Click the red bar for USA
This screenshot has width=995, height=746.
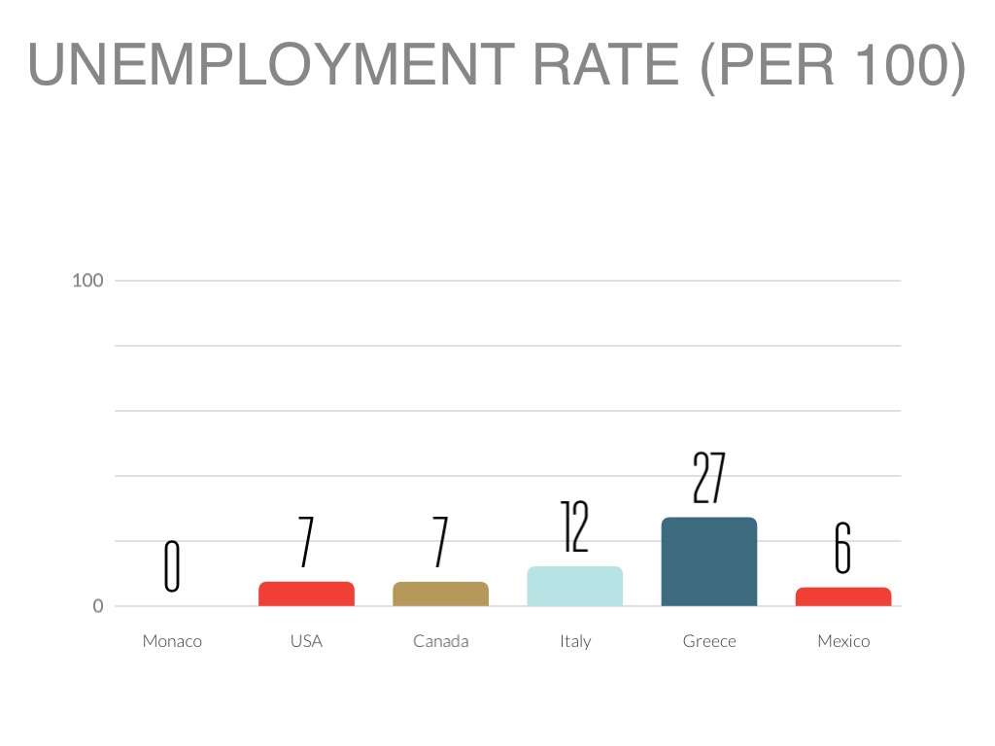(x=306, y=593)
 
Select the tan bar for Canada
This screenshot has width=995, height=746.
(x=440, y=593)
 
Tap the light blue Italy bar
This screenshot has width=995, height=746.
(x=574, y=586)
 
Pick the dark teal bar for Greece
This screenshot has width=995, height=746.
(x=708, y=561)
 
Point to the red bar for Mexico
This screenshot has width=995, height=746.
(x=842, y=596)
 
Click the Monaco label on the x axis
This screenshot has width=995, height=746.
(x=172, y=641)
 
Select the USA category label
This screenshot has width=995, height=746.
(x=306, y=641)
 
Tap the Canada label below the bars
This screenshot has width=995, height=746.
(x=440, y=641)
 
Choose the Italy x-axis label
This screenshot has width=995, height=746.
(x=575, y=641)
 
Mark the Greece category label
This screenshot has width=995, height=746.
(x=709, y=641)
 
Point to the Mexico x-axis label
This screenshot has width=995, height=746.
(x=843, y=641)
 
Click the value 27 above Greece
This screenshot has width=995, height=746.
(x=708, y=478)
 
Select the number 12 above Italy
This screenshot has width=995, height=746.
(x=574, y=526)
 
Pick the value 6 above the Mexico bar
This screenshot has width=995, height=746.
(x=842, y=549)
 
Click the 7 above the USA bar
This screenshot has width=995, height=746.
(x=306, y=542)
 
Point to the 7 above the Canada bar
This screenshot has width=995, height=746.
(x=440, y=542)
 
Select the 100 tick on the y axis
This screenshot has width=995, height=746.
(x=87, y=281)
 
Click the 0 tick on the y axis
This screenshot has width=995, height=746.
(x=97, y=606)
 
